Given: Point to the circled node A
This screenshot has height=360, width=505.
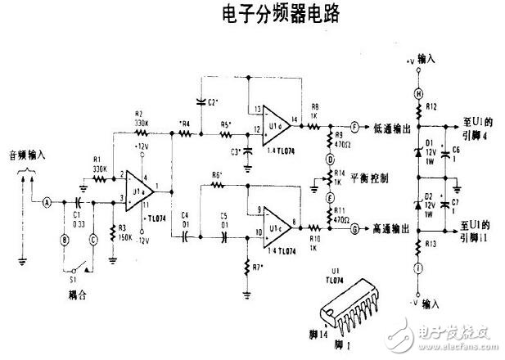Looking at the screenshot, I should pyautogui.click(x=47, y=201).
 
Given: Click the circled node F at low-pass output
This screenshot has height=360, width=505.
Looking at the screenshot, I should pyautogui.click(x=355, y=127).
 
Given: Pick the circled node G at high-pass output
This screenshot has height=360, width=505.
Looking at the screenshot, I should pyautogui.click(x=355, y=230).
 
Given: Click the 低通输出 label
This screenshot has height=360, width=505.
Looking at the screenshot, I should pyautogui.click(x=388, y=127).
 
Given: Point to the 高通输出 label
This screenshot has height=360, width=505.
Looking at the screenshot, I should pyautogui.click(x=388, y=230).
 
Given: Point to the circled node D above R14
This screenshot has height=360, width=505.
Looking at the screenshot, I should pyautogui.click(x=330, y=157).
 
